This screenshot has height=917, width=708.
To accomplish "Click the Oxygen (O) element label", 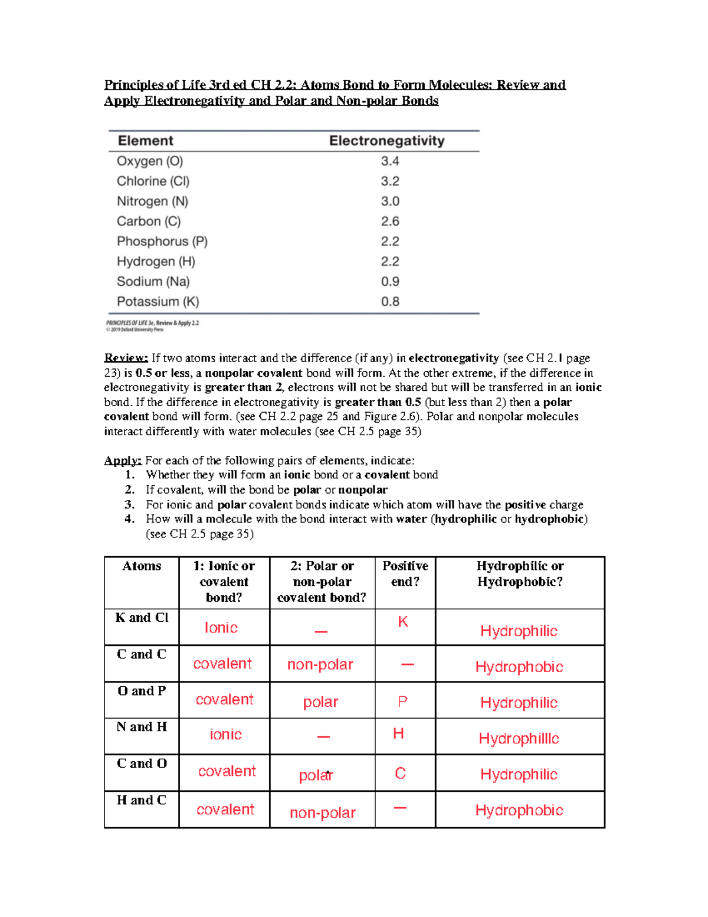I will (150, 161).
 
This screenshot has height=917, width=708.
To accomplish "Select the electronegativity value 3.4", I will (390, 161).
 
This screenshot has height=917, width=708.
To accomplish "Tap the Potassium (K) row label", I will (158, 302).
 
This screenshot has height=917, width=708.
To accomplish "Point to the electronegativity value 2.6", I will (390, 221).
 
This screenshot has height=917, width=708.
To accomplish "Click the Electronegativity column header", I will (386, 141).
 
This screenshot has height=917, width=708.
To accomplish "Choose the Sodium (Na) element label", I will (153, 282).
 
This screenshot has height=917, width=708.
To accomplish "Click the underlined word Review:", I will (126, 358).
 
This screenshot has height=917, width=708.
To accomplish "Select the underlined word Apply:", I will (123, 461).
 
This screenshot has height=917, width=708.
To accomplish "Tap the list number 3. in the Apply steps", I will (130, 504).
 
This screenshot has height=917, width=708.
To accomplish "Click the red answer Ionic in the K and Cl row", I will (221, 628).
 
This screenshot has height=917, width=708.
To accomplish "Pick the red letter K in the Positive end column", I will (403, 622).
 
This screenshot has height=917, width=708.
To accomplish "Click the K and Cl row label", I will (142, 618).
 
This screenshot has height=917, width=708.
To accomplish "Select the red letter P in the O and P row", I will (402, 701).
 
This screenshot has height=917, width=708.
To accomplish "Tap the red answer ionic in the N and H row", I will (225, 735).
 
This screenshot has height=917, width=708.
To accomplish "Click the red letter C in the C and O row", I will (400, 774).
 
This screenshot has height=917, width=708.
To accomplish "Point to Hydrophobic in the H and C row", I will (519, 810).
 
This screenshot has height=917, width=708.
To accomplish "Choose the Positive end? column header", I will (405, 573).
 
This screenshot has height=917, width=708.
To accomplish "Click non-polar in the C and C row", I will (320, 665).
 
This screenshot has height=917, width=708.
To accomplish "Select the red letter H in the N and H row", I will (399, 733).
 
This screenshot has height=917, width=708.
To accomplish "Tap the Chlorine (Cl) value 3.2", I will (390, 181).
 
